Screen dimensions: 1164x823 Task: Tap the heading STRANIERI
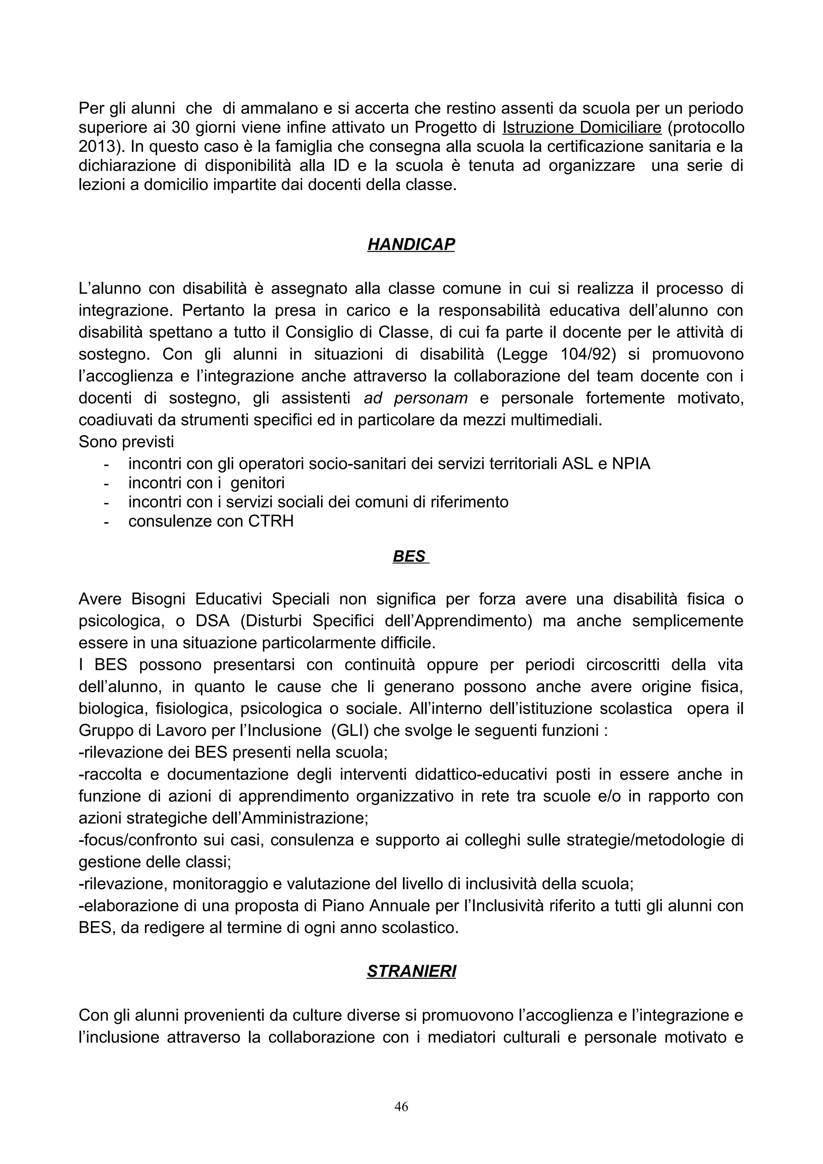(411, 971)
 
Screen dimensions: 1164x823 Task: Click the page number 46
(401, 1106)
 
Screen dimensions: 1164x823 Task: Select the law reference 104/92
(588, 354)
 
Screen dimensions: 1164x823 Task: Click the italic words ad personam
(415, 398)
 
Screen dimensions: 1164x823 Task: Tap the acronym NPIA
(631, 464)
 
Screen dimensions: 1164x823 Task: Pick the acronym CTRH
(271, 521)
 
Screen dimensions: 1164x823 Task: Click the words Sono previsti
(126, 441)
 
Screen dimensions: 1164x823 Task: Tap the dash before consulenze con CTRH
(106, 522)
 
